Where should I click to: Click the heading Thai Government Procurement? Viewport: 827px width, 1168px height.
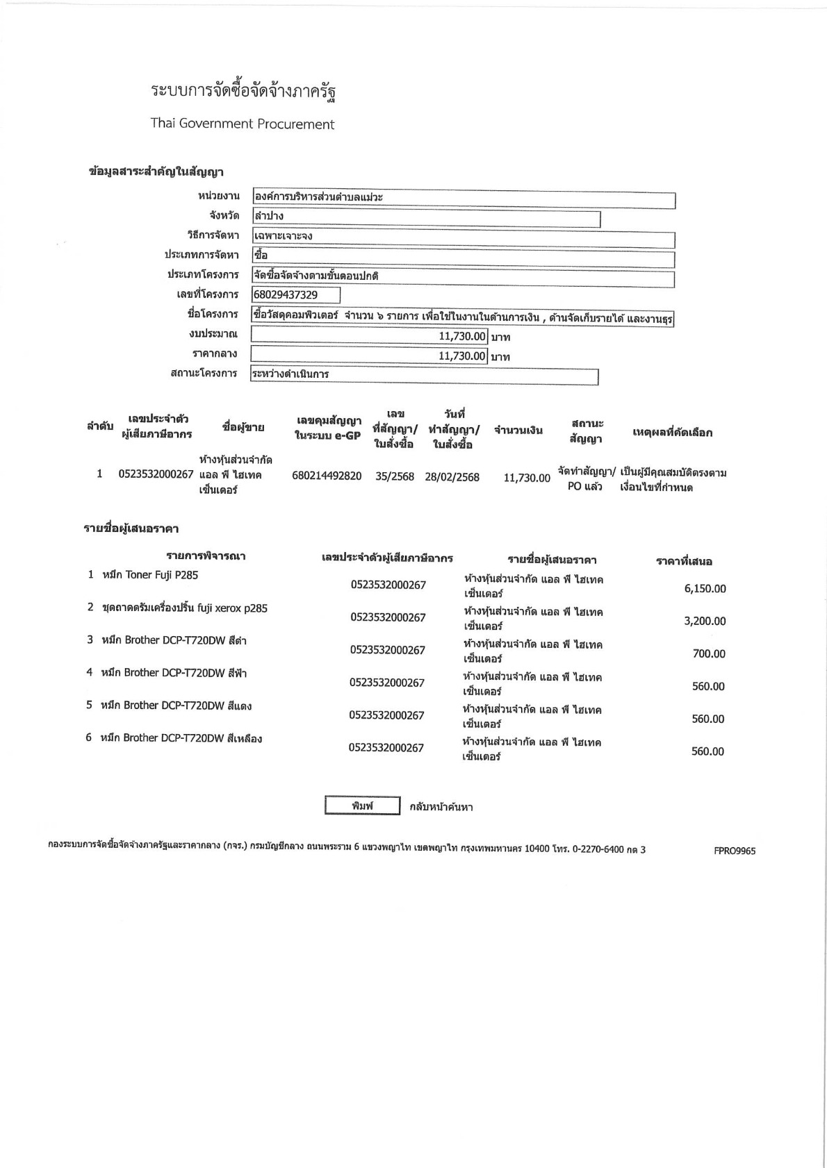point(243,124)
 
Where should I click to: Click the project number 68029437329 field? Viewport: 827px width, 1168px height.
point(296,295)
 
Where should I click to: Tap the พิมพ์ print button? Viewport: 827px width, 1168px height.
point(363,806)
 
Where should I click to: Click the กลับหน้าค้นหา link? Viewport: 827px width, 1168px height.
point(441,807)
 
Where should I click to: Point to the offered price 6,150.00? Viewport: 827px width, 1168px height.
point(705,589)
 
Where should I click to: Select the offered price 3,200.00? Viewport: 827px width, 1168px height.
point(705,621)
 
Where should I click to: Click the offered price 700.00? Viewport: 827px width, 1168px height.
point(709,654)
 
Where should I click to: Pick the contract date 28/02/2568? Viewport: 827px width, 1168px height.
point(452,478)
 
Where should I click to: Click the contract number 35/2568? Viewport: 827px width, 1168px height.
point(395,478)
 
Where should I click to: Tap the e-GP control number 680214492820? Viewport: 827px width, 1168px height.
point(327,477)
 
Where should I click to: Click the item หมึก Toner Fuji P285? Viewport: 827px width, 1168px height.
point(150,575)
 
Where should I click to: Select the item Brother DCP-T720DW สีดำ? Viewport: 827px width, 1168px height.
point(174,640)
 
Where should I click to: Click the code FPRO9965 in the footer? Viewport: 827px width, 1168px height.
point(735,851)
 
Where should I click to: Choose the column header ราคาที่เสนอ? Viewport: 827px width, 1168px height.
point(684,561)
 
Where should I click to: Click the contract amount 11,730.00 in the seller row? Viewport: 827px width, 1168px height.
point(527,478)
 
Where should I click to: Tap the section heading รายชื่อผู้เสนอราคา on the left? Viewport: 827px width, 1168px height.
point(131,529)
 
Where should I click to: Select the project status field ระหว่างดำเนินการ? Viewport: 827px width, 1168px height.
point(424,376)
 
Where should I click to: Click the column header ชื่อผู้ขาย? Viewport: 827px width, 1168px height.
point(243,428)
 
